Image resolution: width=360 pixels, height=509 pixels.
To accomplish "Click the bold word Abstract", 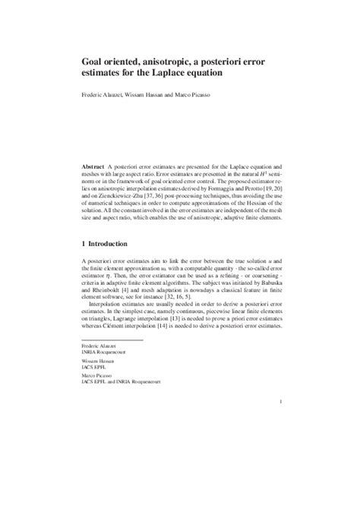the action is click(94, 166).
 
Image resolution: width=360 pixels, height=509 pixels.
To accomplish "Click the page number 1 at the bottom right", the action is click(281, 422).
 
